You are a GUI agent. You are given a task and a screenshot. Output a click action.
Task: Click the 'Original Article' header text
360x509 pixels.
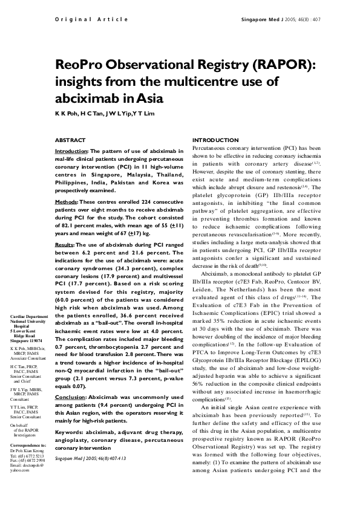(91, 19)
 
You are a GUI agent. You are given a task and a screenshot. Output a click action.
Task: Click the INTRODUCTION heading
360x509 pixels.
(215, 140)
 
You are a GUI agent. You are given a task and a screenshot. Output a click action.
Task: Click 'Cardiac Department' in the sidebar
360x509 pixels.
(28, 317)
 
